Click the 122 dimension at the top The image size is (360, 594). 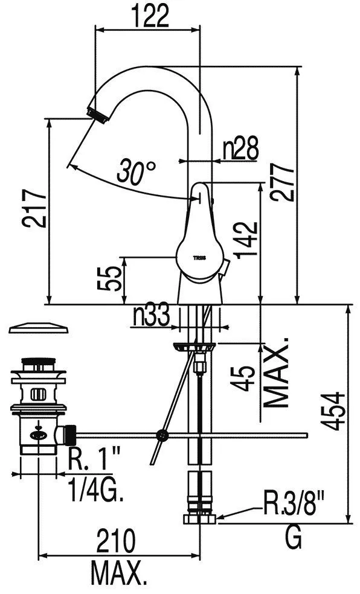click(150, 16)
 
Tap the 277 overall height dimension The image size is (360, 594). click(282, 182)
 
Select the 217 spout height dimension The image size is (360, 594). click(34, 208)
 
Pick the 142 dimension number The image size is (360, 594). click(246, 240)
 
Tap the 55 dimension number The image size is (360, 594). click(109, 278)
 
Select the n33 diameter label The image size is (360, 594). click(151, 316)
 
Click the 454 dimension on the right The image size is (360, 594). click(333, 412)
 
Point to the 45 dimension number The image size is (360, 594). click(243, 378)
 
